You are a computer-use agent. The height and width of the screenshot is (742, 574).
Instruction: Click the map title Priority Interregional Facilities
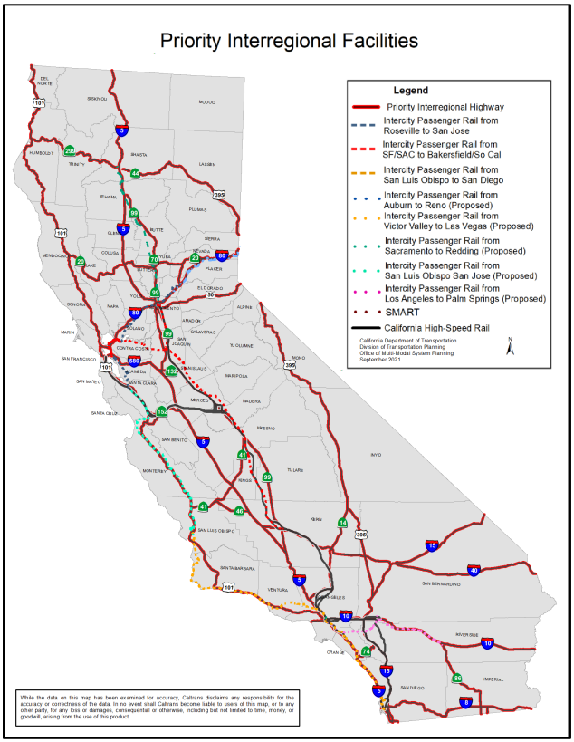click(289, 41)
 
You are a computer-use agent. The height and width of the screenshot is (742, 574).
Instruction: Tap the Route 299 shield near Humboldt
click(71, 150)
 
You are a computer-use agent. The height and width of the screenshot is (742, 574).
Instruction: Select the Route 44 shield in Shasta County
click(135, 173)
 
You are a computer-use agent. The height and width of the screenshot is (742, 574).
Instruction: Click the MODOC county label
click(206, 102)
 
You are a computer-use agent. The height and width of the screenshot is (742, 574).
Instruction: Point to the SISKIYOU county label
click(98, 98)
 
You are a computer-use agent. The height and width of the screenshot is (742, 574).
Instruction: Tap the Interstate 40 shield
click(473, 570)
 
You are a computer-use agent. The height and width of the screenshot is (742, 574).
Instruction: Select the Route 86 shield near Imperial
click(457, 678)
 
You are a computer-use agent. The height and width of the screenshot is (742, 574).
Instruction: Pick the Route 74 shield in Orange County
click(366, 651)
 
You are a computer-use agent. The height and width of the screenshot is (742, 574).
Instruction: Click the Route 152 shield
click(162, 412)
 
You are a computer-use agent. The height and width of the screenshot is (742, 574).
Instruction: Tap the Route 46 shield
click(239, 511)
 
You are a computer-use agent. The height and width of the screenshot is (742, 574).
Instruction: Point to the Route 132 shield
click(172, 371)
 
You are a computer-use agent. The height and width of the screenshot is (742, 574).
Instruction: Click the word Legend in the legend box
click(410, 91)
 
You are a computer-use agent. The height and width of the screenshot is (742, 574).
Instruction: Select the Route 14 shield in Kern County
click(342, 523)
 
